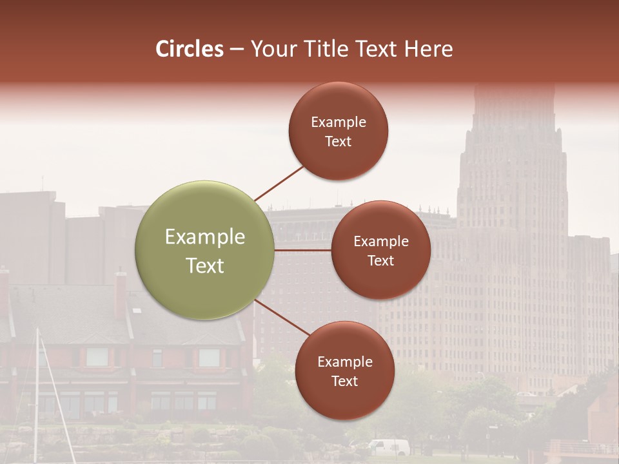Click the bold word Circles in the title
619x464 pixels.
coord(189,49)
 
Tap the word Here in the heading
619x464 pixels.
coord(428,49)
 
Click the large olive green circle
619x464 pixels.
coord(205,250)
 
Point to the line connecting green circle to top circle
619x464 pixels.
coord(279,183)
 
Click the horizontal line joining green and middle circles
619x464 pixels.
coord(303,250)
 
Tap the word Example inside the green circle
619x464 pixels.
coord(205,237)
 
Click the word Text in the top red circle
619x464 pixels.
coord(339,142)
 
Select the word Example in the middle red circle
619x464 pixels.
coord(381,242)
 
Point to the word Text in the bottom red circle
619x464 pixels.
coord(344,382)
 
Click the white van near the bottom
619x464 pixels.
coord(389,447)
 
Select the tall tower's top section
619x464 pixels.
coord(513,110)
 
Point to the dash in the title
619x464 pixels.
coord(237,50)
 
